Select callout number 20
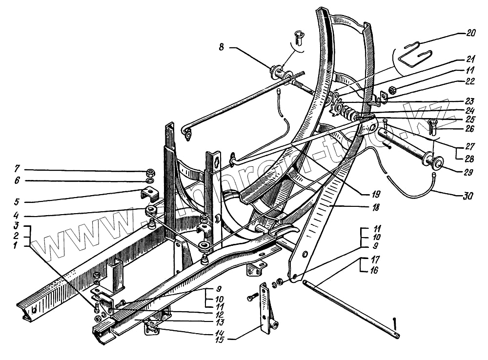[470, 33]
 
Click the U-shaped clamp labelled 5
[149, 194]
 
